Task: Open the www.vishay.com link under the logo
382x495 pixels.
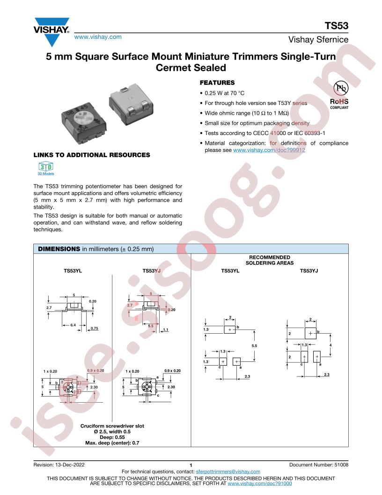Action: [x=98, y=37]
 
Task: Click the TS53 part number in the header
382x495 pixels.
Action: [x=336, y=26]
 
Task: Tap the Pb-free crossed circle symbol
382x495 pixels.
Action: [x=341, y=88]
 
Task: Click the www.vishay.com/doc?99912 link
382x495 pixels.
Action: [x=269, y=150]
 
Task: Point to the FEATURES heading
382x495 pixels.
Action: [x=217, y=82]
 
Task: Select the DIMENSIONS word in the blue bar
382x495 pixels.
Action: [x=59, y=249]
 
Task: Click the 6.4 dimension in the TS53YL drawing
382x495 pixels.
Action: [x=73, y=325]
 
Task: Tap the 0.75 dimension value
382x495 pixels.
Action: [x=94, y=328]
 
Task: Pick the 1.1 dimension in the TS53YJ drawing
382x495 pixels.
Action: [x=165, y=330]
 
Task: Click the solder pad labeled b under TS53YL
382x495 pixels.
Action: [x=230, y=330]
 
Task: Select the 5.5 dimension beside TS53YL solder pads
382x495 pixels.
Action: [x=254, y=345]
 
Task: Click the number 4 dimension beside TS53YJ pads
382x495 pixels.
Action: [x=331, y=345]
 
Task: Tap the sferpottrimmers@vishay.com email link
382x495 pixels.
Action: [x=228, y=472]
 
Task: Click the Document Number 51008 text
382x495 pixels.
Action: [x=319, y=465]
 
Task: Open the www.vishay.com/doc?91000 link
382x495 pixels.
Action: [x=260, y=483]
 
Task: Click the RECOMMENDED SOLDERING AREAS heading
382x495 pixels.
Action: [x=270, y=260]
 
